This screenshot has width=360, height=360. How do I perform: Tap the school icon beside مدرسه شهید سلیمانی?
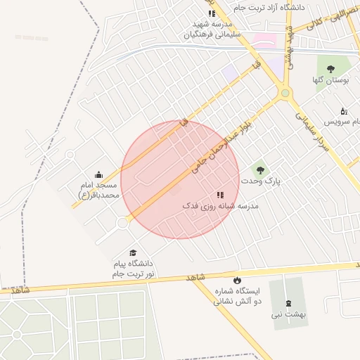(211, 13)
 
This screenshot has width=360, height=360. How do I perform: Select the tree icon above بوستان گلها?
(330, 69)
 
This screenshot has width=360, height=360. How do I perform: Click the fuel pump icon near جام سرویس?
(343, 111)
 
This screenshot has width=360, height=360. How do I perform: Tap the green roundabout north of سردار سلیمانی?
(285, 93)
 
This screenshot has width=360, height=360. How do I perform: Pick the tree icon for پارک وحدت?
(260, 169)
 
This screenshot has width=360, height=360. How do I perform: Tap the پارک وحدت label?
(261, 181)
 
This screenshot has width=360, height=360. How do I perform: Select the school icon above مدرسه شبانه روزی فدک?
(220, 194)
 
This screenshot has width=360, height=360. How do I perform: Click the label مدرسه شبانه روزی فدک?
(220, 206)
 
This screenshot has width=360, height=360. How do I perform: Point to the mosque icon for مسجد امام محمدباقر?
(98, 174)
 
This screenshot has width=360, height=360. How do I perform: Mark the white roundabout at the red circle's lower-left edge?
(122, 223)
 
